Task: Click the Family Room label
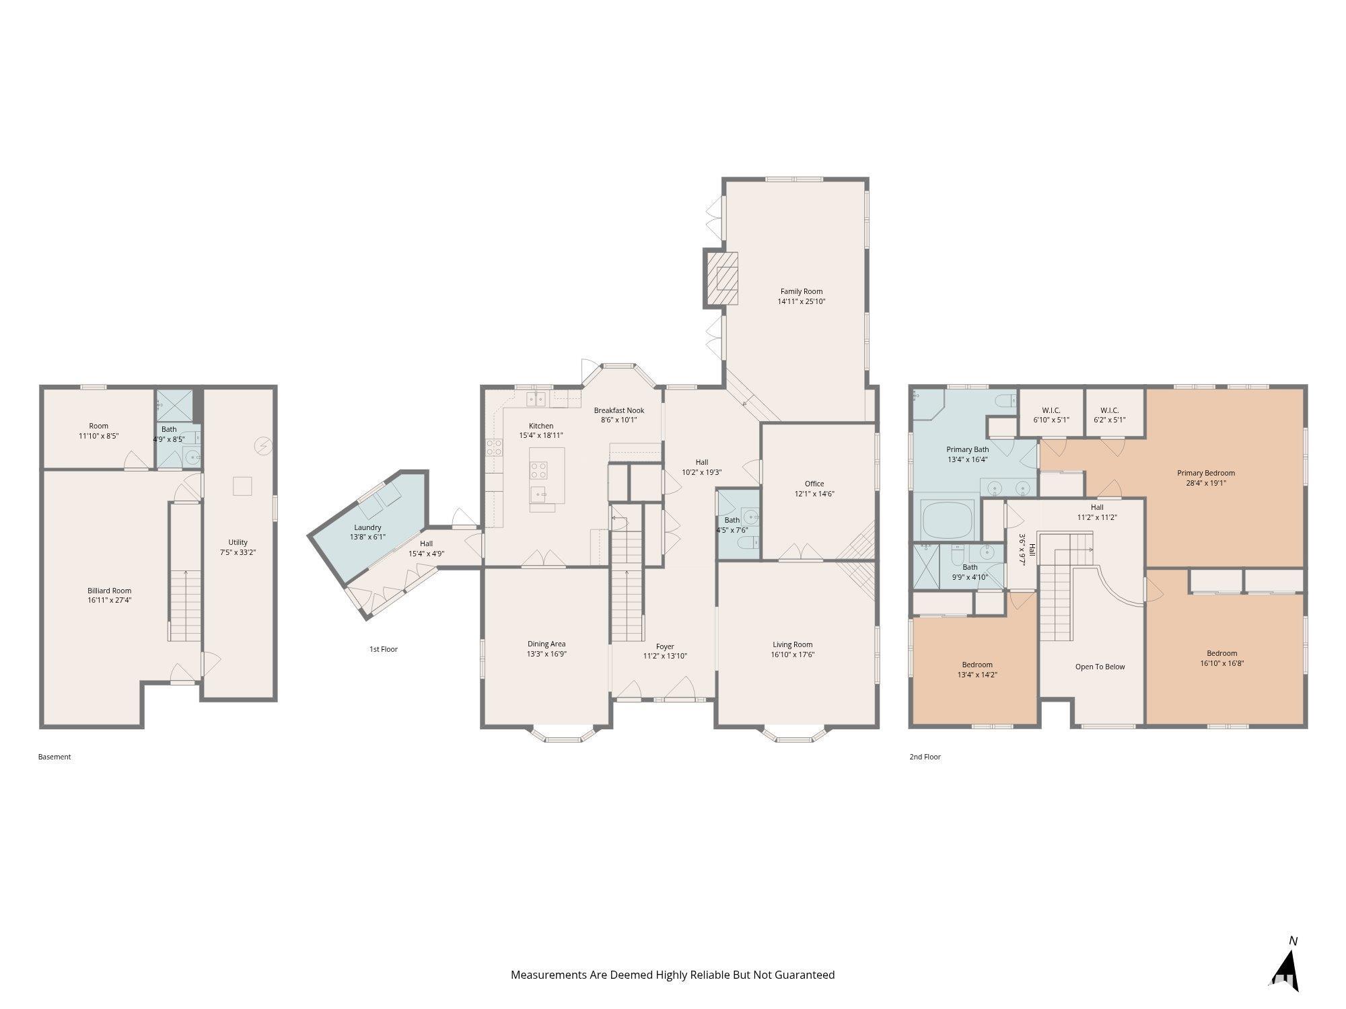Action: (x=802, y=291)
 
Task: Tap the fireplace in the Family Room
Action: (x=721, y=278)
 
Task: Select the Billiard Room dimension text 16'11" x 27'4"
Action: (x=109, y=600)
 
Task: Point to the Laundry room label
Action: (x=367, y=527)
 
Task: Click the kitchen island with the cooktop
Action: (x=546, y=475)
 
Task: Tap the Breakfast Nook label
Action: (x=619, y=410)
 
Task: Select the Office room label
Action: (x=814, y=484)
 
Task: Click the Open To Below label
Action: (x=1100, y=667)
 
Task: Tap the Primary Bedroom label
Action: (x=1206, y=473)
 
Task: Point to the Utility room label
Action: (x=238, y=542)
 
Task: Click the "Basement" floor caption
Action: (x=55, y=757)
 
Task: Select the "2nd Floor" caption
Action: (x=925, y=757)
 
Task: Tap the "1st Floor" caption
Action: (x=384, y=649)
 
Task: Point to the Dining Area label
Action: (x=546, y=644)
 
